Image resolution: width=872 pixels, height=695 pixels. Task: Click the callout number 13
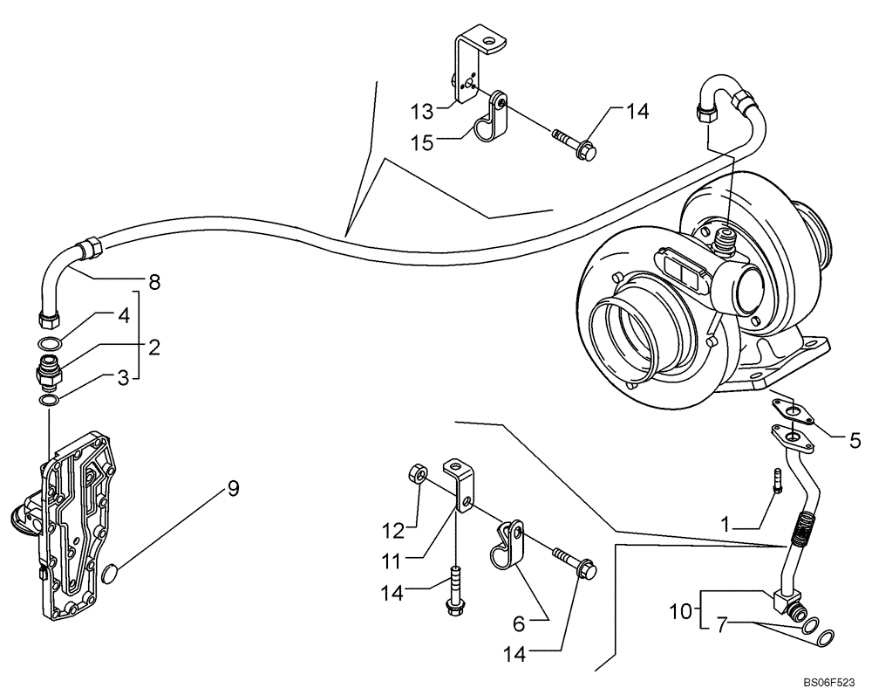(422, 111)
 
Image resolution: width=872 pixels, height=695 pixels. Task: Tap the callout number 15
(422, 142)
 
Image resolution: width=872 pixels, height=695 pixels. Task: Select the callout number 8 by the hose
(154, 282)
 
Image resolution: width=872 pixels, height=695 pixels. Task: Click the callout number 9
(233, 490)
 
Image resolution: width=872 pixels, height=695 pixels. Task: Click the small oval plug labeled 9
(112, 574)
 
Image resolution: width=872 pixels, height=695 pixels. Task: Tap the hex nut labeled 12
(417, 475)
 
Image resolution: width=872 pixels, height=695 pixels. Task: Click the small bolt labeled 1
(775, 481)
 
